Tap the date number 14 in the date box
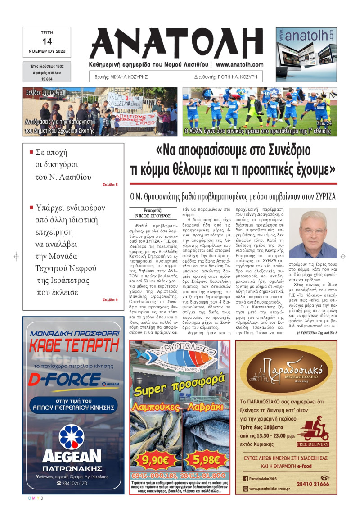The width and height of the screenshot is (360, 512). click(47, 41)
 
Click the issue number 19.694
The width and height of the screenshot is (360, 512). click(47, 79)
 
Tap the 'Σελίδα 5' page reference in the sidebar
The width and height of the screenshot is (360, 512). click(110, 185)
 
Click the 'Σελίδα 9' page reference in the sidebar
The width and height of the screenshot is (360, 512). click(110, 299)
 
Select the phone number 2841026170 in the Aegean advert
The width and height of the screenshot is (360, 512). click(75, 483)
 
